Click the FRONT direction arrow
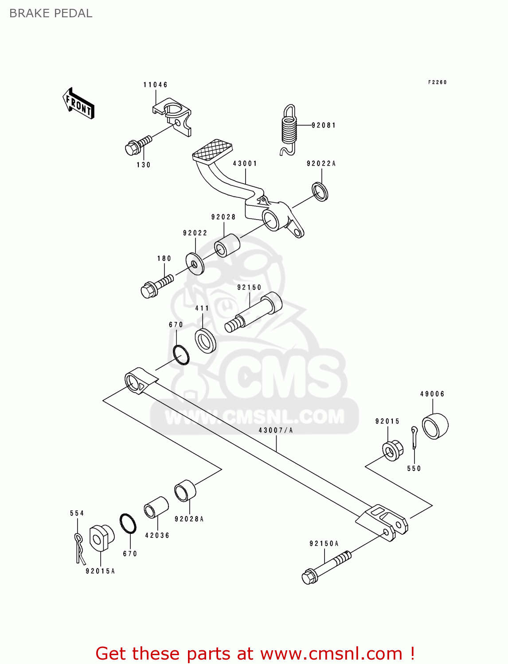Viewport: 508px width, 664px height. [x=79, y=104]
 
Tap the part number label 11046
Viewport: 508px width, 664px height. [x=155, y=85]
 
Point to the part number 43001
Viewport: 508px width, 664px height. [x=245, y=163]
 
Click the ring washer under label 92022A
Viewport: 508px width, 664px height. [x=320, y=191]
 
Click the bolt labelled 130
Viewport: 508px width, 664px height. [x=138, y=145]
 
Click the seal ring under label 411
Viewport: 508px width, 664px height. [x=206, y=340]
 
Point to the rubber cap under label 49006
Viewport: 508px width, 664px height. [x=435, y=425]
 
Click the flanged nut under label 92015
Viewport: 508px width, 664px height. [x=392, y=451]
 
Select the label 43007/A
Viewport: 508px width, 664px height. [x=275, y=430]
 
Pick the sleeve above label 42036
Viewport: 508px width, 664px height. [x=156, y=507]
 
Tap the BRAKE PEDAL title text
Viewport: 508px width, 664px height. [x=51, y=13]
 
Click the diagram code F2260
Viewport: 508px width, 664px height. [x=437, y=82]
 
